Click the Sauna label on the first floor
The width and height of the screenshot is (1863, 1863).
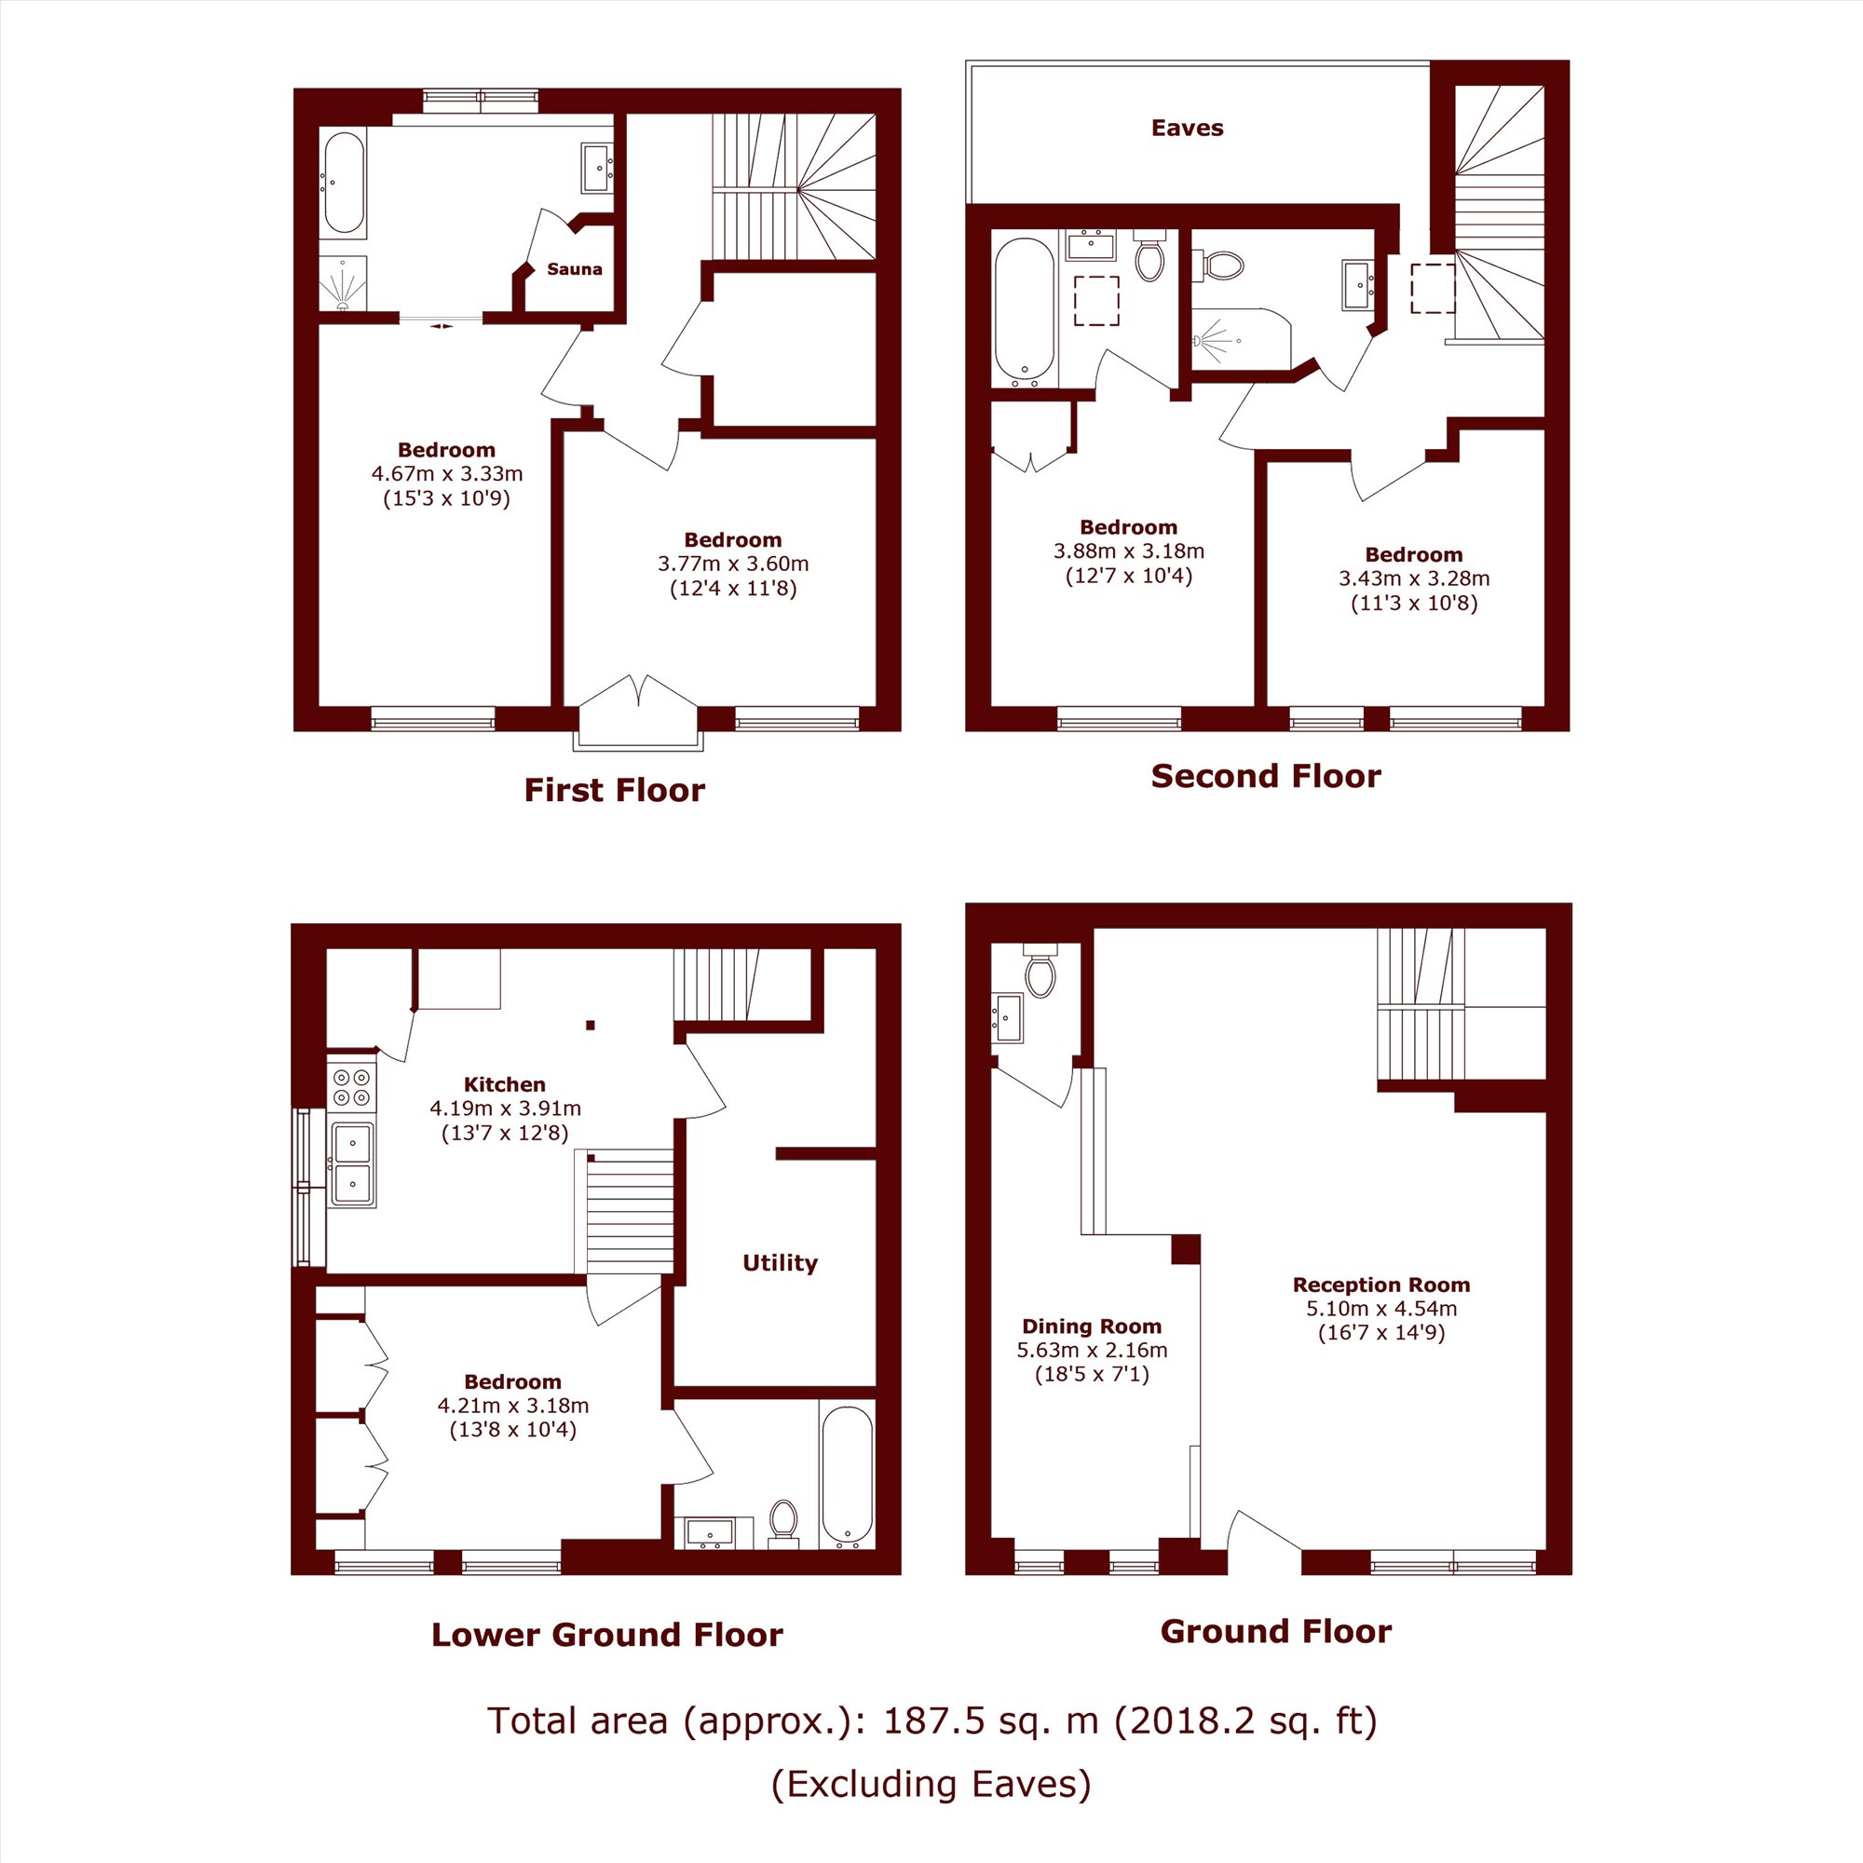point(574,269)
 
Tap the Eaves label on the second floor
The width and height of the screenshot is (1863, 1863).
point(1187,129)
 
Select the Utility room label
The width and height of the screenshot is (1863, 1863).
point(780,1263)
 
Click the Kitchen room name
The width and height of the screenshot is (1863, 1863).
point(504,1084)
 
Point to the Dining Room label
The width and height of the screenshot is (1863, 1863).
point(1092,1326)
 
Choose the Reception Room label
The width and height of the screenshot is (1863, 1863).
point(1380,1285)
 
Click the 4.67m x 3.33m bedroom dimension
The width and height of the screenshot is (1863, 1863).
point(446,473)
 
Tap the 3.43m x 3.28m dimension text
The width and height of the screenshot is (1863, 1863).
point(1414,578)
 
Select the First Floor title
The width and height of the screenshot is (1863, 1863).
point(614,790)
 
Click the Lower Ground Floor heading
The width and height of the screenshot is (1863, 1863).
point(606,1635)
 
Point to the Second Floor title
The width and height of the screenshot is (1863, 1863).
point(1265,775)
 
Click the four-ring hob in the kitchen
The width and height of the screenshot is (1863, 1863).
point(352,1086)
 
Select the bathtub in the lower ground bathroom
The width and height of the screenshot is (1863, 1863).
point(847,1476)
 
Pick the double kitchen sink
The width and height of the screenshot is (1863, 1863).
point(352,1163)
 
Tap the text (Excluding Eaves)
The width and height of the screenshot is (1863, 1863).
point(931,1784)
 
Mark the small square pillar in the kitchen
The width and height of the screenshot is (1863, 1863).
point(592,1024)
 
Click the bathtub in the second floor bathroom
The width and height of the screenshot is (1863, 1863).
point(1024,308)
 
